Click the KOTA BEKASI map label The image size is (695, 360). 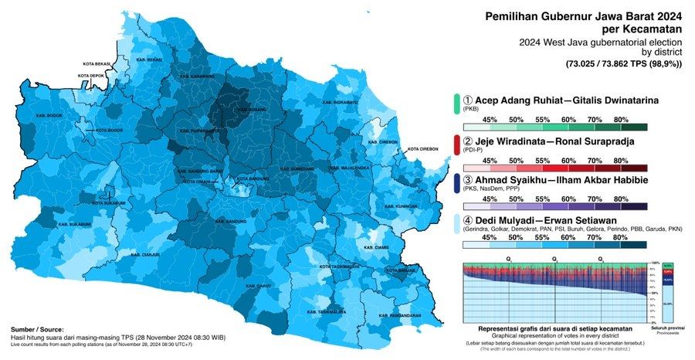[98, 63]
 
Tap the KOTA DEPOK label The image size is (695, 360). [92, 76]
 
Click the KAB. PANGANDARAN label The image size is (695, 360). [402, 316]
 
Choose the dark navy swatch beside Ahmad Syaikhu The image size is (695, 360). [456, 187]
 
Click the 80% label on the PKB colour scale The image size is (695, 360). [620, 119]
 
